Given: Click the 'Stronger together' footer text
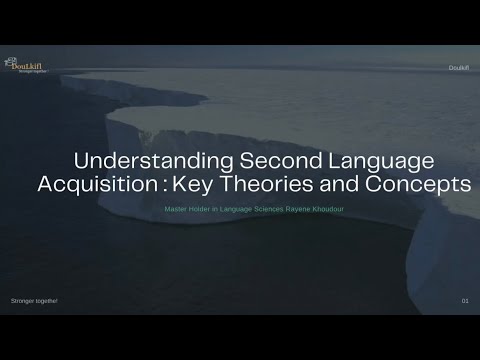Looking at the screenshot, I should pyautogui.click(x=34, y=300).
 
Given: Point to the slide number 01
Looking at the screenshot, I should pyautogui.click(x=465, y=300).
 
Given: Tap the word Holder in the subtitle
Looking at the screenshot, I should pyautogui.click(x=203, y=209).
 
